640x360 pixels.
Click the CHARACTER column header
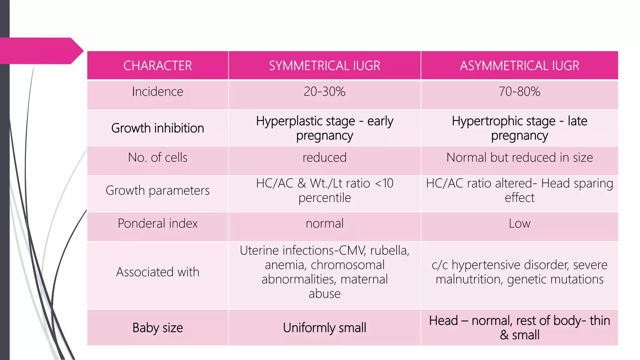(157, 66)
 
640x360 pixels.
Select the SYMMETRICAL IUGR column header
(324, 66)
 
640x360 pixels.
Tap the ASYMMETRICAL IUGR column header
(519, 66)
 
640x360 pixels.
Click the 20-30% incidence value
(324, 92)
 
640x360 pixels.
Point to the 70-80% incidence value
(519, 92)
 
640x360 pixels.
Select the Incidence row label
(157, 92)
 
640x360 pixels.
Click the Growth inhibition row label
(157, 128)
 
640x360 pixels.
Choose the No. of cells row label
(157, 157)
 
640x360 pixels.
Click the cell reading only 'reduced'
(324, 157)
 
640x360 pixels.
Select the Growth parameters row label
(157, 190)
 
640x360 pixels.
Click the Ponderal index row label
(157, 223)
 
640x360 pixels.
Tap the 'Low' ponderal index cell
(519, 223)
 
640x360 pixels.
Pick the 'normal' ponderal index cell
(324, 223)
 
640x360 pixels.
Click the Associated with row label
(157, 272)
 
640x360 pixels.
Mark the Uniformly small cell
(324, 328)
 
